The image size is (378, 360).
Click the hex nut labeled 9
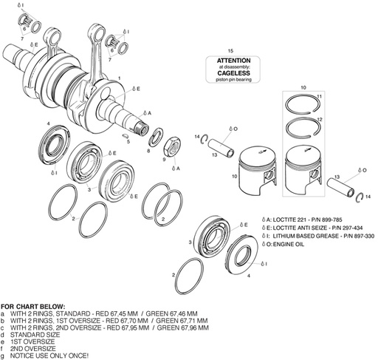click(174, 143)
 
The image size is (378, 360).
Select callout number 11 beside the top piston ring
click(319, 98)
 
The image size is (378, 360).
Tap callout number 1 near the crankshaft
click(120, 78)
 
